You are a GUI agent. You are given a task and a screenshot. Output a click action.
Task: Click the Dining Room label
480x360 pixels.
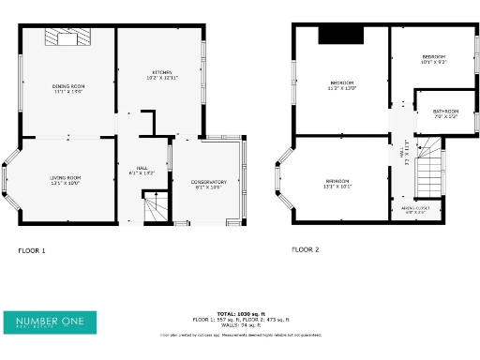(67, 88)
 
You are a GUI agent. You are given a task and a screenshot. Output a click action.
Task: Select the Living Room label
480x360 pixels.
(66, 180)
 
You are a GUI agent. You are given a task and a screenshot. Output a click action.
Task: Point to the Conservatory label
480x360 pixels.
(208, 185)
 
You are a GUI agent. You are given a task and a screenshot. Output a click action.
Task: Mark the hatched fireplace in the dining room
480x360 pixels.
(67, 37)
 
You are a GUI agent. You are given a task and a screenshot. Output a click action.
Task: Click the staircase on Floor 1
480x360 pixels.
(152, 207)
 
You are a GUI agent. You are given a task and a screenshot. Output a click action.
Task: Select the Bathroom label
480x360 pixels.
(444, 112)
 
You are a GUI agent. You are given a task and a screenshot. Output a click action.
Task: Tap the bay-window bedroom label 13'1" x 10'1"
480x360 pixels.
(337, 183)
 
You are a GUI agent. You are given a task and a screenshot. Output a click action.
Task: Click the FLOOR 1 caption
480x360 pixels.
(32, 250)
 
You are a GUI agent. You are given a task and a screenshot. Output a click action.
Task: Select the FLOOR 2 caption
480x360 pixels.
(305, 249)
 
